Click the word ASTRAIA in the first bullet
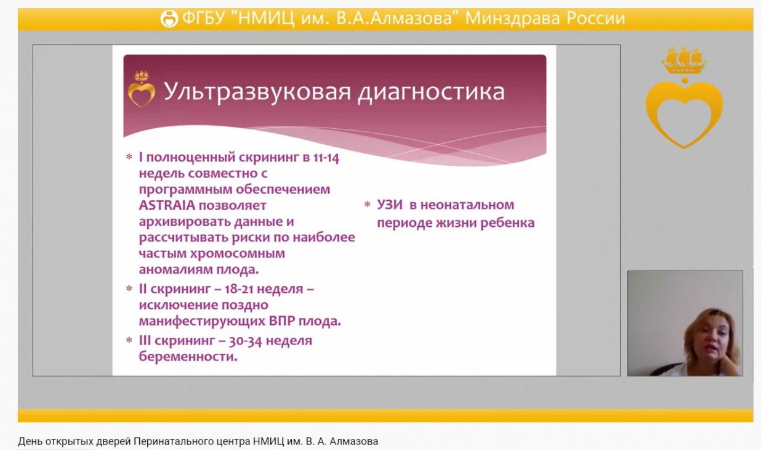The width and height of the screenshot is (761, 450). point(167,205)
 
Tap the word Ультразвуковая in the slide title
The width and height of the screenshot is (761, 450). point(257,92)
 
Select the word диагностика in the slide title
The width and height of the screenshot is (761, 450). point(431,92)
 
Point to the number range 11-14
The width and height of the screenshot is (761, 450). point(326,158)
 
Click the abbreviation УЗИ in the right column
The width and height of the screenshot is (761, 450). point(389,205)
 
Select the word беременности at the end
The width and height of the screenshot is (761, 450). point(188,356)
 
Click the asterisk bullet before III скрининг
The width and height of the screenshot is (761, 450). point(129,340)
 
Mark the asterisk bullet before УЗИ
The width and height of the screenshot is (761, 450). point(367,205)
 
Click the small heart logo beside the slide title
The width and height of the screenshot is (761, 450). point(142,89)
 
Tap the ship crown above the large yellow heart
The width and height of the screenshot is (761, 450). point(684,60)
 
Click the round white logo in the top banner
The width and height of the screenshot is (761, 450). point(169,18)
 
